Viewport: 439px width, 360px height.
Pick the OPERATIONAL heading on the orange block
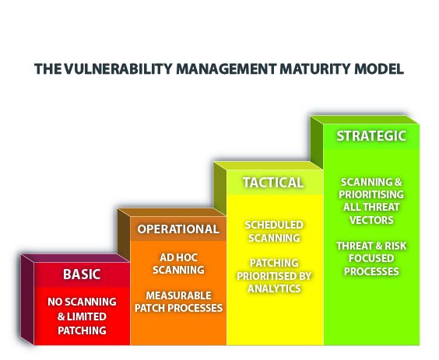point(177,229)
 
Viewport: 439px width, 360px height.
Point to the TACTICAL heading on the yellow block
point(272,183)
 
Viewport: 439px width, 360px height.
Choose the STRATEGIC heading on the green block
point(371,136)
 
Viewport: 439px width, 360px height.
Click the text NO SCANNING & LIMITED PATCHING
point(82,316)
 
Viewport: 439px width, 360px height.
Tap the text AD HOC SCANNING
point(178,264)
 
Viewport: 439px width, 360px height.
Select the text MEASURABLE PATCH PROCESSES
point(178,301)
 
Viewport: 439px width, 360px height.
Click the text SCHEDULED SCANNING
point(273,231)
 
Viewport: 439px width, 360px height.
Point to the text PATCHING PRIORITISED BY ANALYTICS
point(273,275)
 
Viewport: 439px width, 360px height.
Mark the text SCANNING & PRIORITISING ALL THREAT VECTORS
point(371,201)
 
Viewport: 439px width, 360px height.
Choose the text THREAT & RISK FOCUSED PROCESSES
point(371,258)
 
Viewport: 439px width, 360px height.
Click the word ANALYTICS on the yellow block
point(273,289)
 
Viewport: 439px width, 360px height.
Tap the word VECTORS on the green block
point(371,219)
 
